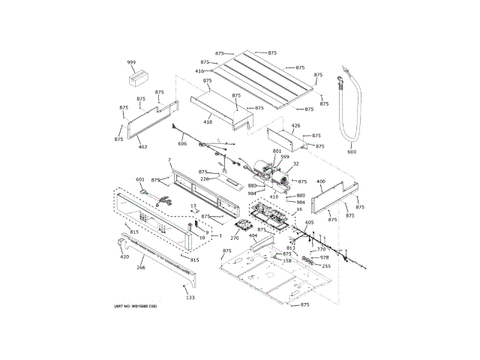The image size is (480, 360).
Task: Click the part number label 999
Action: point(131,63)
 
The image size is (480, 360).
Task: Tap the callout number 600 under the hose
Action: point(352,151)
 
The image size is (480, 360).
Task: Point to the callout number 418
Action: point(208,121)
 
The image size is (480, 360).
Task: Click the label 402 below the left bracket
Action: point(142,147)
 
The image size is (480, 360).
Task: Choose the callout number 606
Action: point(182,143)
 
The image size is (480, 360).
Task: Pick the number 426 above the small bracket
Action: point(295,126)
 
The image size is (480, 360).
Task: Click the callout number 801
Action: point(277,151)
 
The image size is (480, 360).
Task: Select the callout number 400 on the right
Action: point(321,181)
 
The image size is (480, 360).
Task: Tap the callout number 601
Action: point(139,179)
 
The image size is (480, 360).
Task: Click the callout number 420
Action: point(124,257)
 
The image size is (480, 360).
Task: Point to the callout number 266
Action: point(140,267)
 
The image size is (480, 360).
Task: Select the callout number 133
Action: point(190,298)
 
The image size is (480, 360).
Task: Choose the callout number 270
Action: point(234,238)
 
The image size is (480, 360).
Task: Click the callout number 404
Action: point(253,236)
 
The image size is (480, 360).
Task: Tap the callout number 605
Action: point(310,223)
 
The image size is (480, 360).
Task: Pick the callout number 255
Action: point(326,266)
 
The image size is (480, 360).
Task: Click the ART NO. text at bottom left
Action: point(136,307)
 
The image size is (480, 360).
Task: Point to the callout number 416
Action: point(199,71)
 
